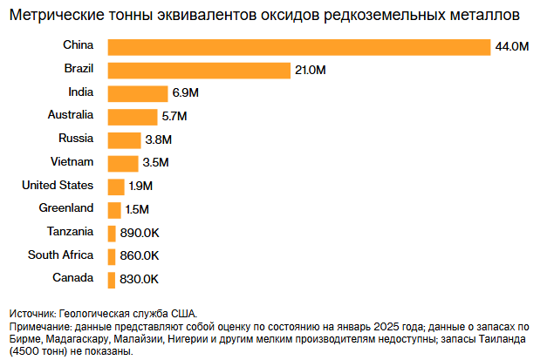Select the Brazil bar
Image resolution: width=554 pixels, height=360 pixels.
[x=198, y=70]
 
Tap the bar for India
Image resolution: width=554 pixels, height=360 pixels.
[x=137, y=93]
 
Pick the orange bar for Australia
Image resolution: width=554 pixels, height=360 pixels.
[x=132, y=116]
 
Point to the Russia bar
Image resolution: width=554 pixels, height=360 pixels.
[x=123, y=139]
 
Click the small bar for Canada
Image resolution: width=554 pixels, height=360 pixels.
[x=111, y=279]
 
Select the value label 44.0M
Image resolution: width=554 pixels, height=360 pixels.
[x=512, y=47]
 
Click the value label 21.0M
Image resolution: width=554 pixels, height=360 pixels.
[x=310, y=70]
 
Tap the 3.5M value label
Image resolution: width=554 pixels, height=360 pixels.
[x=155, y=163]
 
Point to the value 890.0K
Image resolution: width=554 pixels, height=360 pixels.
[x=139, y=233]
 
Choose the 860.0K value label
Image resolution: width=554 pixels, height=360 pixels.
[x=139, y=255]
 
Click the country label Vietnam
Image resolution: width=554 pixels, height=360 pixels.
[x=72, y=161]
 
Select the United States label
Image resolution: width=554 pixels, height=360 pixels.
[x=57, y=185]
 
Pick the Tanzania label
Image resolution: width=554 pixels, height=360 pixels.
[x=70, y=231]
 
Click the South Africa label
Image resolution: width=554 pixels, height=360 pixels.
[x=60, y=255]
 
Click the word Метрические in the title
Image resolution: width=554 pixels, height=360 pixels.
[x=58, y=16]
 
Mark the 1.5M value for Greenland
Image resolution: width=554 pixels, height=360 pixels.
[x=138, y=209]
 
